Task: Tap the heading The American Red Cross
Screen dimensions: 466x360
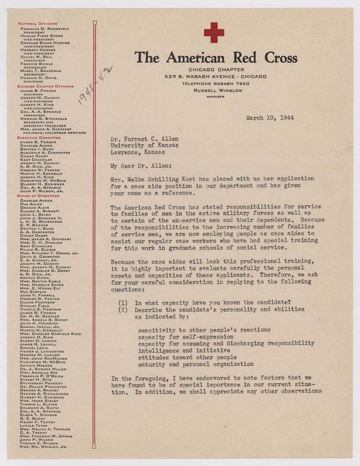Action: click(216, 58)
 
